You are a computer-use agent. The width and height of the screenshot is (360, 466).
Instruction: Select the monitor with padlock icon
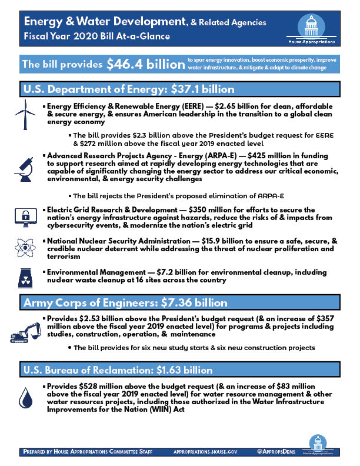coord(24,216)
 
